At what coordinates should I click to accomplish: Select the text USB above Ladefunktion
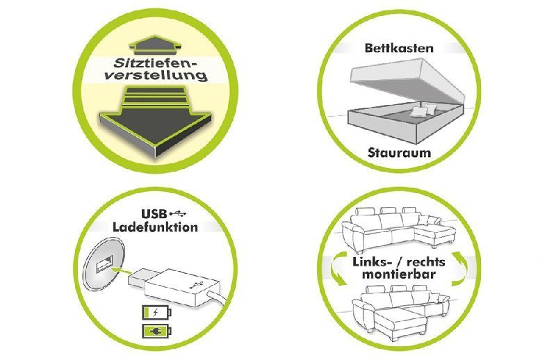154,213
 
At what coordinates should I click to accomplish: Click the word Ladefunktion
155,227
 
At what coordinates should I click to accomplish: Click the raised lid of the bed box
403,81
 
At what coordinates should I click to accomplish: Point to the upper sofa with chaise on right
396,226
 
